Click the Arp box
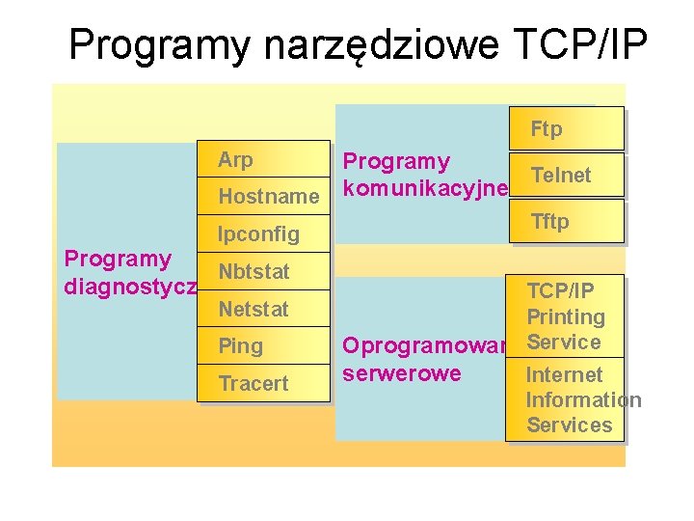point(262,159)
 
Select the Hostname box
point(262,197)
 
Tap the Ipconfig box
point(262,233)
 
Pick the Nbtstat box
point(262,271)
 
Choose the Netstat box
point(262,310)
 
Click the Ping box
point(262,345)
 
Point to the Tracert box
point(262,383)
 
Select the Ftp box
point(566,128)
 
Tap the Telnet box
point(566,175)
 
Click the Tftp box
point(566,221)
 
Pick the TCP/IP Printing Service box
point(566,316)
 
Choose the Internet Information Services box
point(568,399)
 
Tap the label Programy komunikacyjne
point(425,175)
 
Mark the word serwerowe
point(402,373)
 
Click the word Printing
point(566,316)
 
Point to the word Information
point(583,399)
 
